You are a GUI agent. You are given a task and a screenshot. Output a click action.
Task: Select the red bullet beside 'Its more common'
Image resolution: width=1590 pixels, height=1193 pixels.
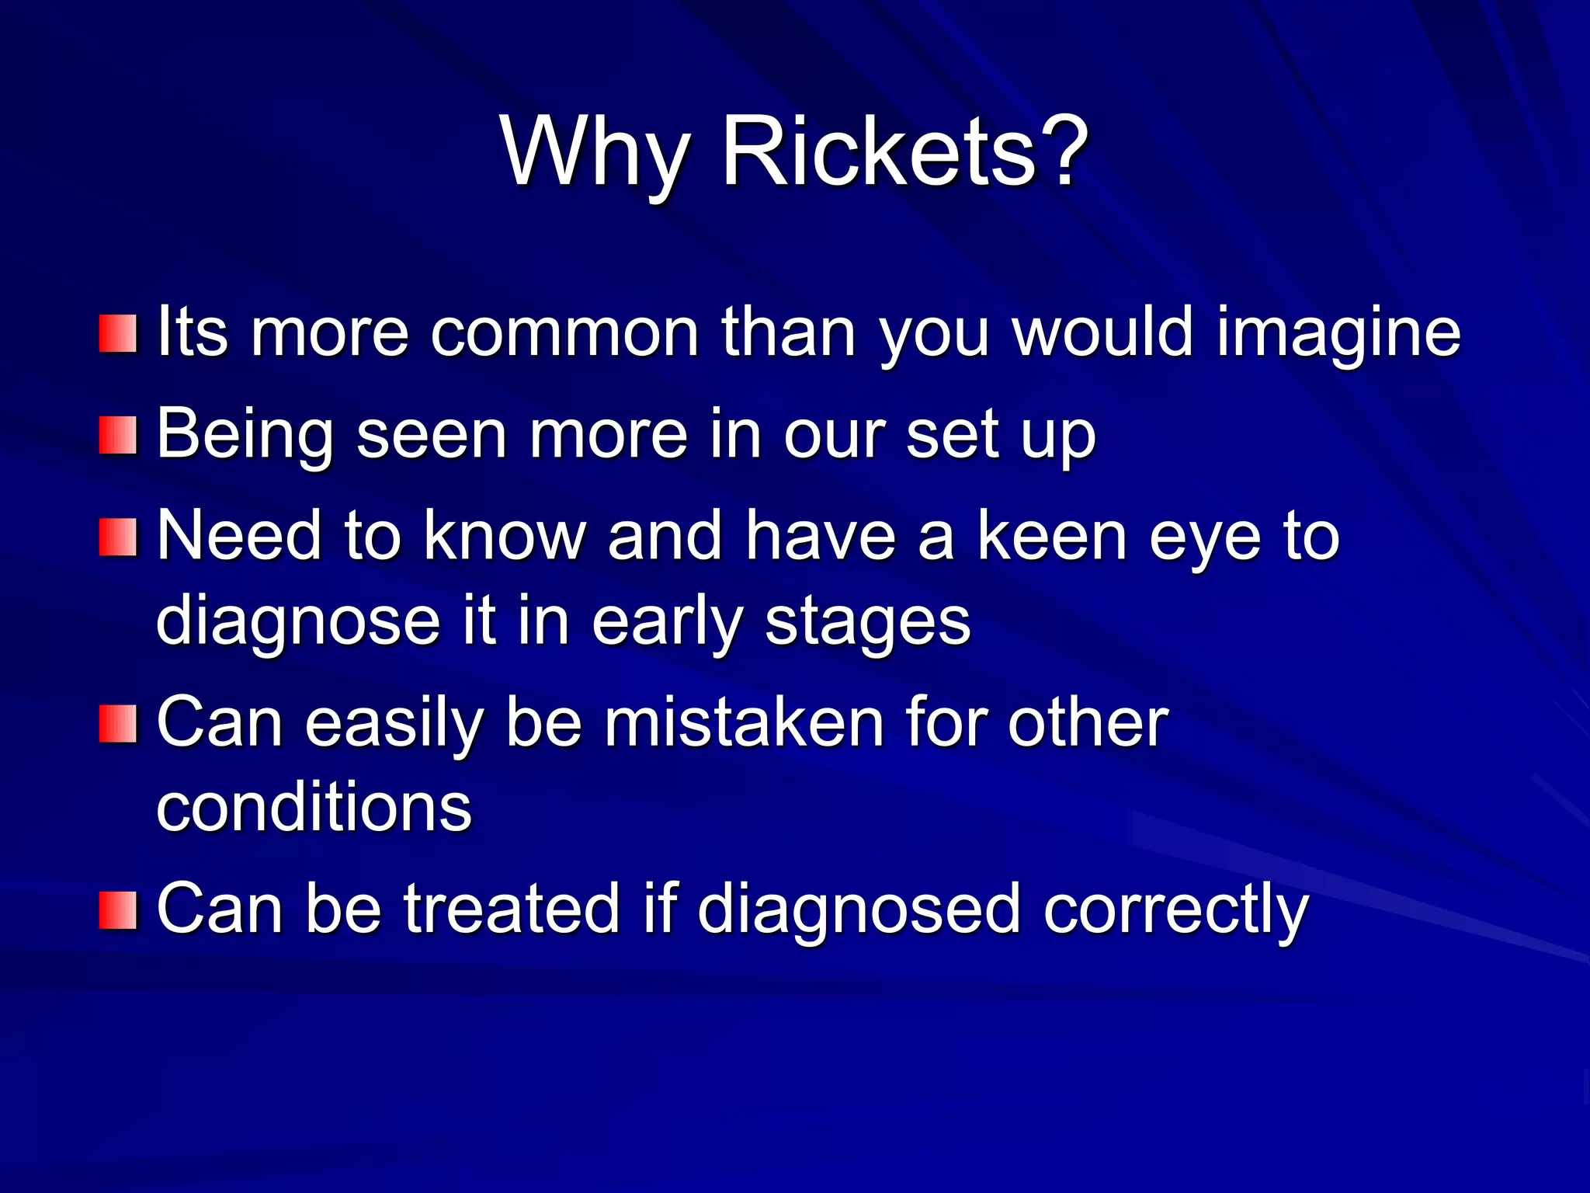118,333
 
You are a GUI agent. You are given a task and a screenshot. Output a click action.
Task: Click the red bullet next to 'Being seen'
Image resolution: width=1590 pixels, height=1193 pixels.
118,434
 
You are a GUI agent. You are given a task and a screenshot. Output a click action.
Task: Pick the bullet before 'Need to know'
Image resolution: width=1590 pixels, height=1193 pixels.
118,537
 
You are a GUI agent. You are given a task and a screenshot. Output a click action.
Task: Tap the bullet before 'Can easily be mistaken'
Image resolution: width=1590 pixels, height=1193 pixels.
118,723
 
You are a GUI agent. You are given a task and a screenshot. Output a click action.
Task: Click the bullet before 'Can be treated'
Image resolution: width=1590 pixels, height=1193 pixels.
118,910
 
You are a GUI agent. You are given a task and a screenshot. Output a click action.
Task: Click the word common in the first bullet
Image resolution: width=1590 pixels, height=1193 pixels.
564,334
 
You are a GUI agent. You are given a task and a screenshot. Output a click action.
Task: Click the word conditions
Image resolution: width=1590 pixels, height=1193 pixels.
314,808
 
